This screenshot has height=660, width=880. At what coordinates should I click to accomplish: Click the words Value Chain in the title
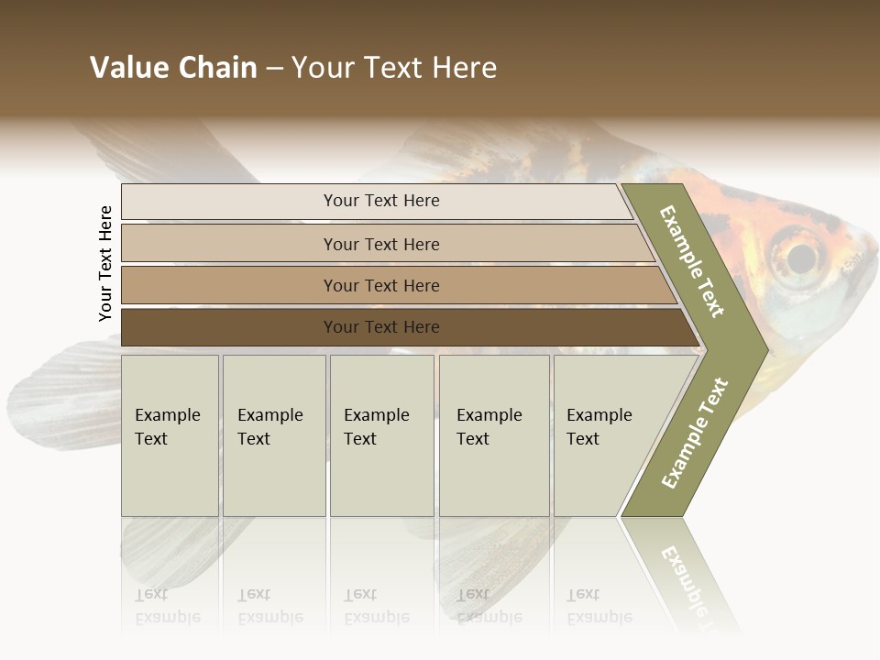point(173,68)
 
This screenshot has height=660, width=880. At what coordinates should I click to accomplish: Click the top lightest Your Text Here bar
point(380,201)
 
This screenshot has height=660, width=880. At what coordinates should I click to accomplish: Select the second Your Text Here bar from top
point(380,244)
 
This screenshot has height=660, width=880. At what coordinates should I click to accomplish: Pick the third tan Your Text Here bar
point(380,285)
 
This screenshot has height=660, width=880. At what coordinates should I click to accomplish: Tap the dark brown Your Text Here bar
point(380,327)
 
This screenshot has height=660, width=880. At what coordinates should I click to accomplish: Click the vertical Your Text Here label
point(105,263)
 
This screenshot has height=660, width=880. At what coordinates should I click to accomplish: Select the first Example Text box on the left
point(170,434)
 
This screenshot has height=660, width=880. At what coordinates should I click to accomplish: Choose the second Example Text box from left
point(273,434)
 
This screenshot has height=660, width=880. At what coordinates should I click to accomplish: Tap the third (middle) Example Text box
point(380,434)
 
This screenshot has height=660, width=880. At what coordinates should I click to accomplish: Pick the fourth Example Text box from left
point(493,434)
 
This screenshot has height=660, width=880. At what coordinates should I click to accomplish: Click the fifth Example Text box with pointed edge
point(605,434)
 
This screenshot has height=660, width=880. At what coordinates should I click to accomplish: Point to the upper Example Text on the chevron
point(692,262)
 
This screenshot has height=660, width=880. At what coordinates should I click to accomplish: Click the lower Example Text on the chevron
point(694,434)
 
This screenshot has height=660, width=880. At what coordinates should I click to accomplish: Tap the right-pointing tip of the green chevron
point(763,348)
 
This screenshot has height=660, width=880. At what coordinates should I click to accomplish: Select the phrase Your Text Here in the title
point(394,68)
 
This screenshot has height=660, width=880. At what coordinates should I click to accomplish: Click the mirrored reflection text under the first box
point(168,606)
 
